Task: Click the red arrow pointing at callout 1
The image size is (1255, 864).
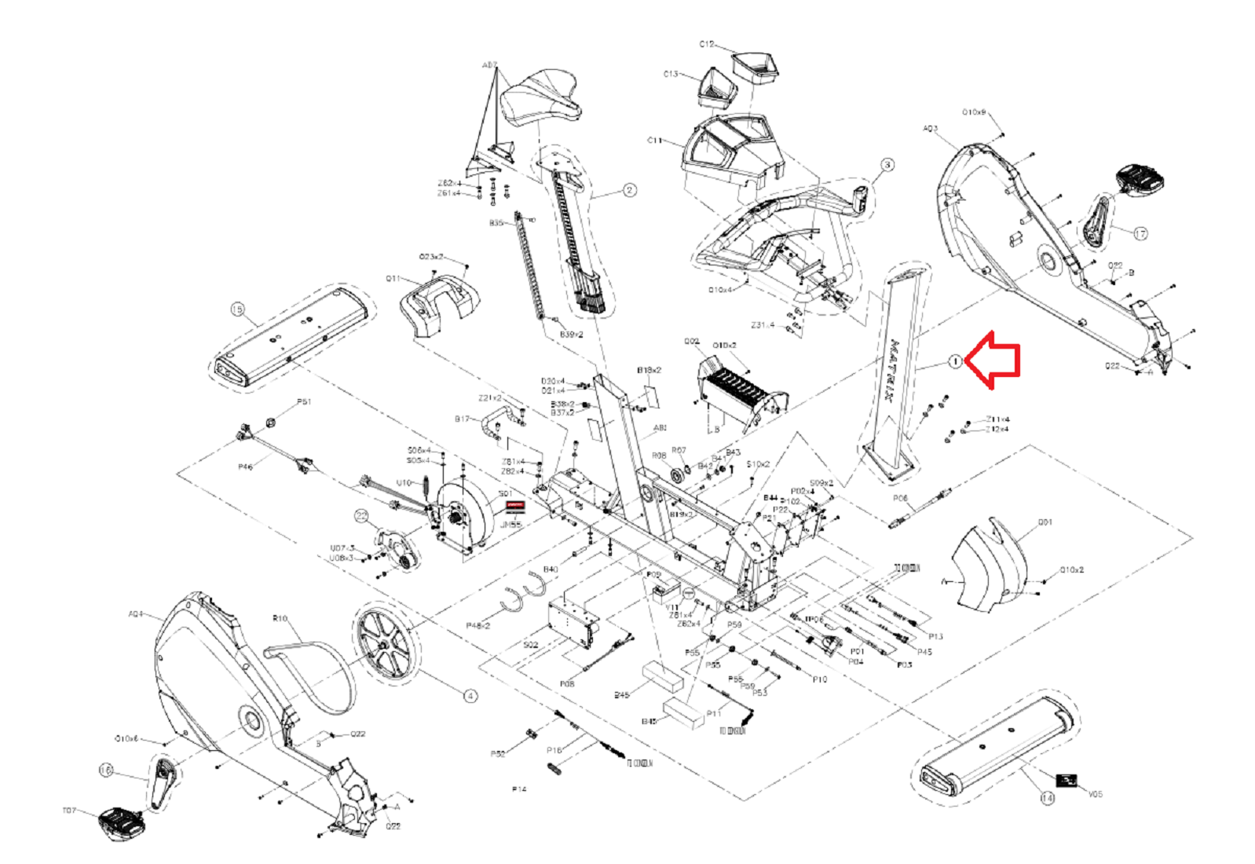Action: [993, 360]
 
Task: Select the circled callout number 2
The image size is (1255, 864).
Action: [629, 190]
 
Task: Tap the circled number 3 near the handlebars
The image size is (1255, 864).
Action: [887, 165]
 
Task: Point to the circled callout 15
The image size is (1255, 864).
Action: [237, 309]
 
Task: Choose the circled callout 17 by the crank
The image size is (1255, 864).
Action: [1140, 233]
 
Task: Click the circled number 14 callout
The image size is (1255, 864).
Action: [1047, 798]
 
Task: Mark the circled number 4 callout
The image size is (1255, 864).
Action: [470, 696]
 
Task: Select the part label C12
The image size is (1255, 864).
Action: [707, 45]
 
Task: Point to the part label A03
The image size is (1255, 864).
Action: [930, 129]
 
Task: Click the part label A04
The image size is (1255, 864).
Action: [136, 614]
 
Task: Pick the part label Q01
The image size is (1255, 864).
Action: [1045, 522]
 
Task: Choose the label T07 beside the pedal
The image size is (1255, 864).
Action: [69, 811]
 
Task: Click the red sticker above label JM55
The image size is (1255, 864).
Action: [514, 507]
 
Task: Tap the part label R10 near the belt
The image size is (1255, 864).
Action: [280, 619]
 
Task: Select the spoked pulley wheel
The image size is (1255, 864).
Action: [385, 644]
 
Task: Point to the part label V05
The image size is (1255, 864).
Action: [1095, 794]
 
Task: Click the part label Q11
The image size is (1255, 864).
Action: [393, 279]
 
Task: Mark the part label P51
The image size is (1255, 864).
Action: [304, 402]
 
